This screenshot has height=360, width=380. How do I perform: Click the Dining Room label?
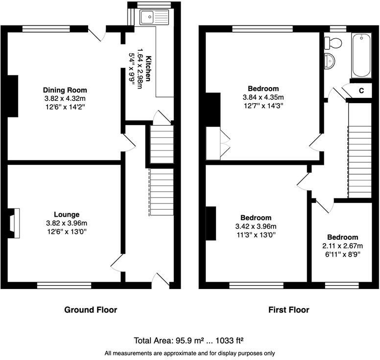65,90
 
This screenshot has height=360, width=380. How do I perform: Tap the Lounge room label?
67,214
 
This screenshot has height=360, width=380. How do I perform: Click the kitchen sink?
154,18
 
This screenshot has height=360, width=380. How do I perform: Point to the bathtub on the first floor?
361,55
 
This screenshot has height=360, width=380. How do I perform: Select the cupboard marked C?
361,90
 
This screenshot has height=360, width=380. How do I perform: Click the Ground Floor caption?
91,310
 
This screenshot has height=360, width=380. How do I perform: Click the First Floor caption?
288,310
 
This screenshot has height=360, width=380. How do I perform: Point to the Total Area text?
190,340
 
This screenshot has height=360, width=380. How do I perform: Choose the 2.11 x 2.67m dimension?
343,246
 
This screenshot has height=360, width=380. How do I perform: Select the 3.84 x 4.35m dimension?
263,97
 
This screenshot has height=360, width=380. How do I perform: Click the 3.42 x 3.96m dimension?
256,226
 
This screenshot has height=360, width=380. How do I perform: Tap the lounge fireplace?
14,223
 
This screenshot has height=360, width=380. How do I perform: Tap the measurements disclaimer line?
190,353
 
